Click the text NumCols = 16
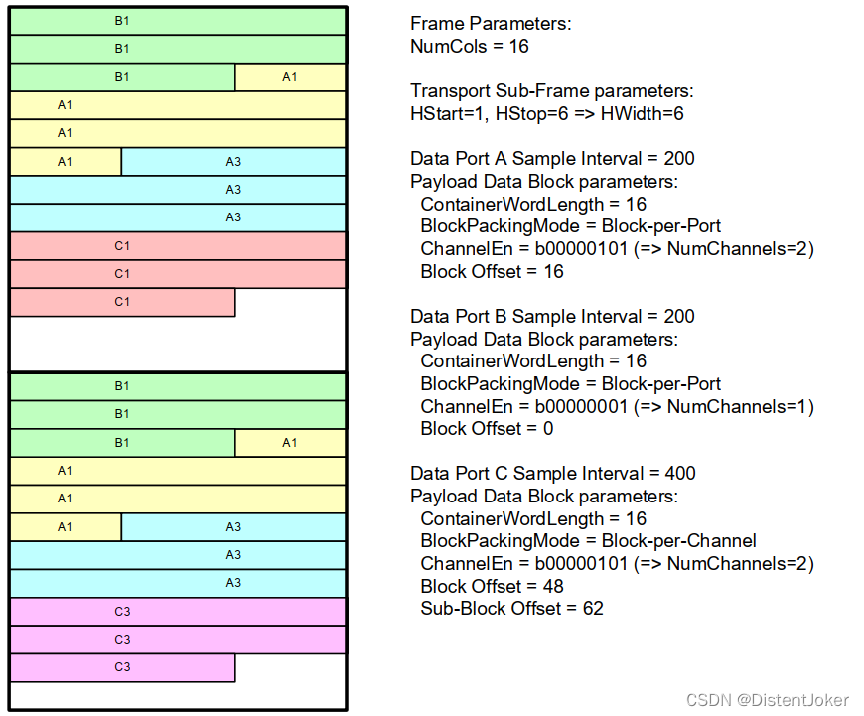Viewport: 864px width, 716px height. point(470,46)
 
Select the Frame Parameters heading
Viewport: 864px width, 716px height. point(491,24)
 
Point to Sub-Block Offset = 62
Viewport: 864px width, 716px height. point(511,608)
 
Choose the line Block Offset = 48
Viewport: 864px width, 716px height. point(492,586)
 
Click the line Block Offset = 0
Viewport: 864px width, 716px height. point(487,428)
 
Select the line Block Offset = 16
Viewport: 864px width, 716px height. point(492,271)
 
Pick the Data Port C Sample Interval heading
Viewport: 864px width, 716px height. point(553,474)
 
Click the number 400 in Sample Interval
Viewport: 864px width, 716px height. point(679,474)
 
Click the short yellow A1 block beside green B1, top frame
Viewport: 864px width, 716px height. point(290,76)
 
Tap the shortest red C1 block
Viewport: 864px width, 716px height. point(122,302)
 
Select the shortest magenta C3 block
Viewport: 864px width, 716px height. point(122,667)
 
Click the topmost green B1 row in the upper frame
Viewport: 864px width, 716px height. point(179,20)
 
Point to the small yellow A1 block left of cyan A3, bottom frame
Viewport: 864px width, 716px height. point(66,527)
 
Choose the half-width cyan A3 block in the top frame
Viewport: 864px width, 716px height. point(233,161)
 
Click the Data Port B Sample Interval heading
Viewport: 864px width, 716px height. point(552,317)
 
